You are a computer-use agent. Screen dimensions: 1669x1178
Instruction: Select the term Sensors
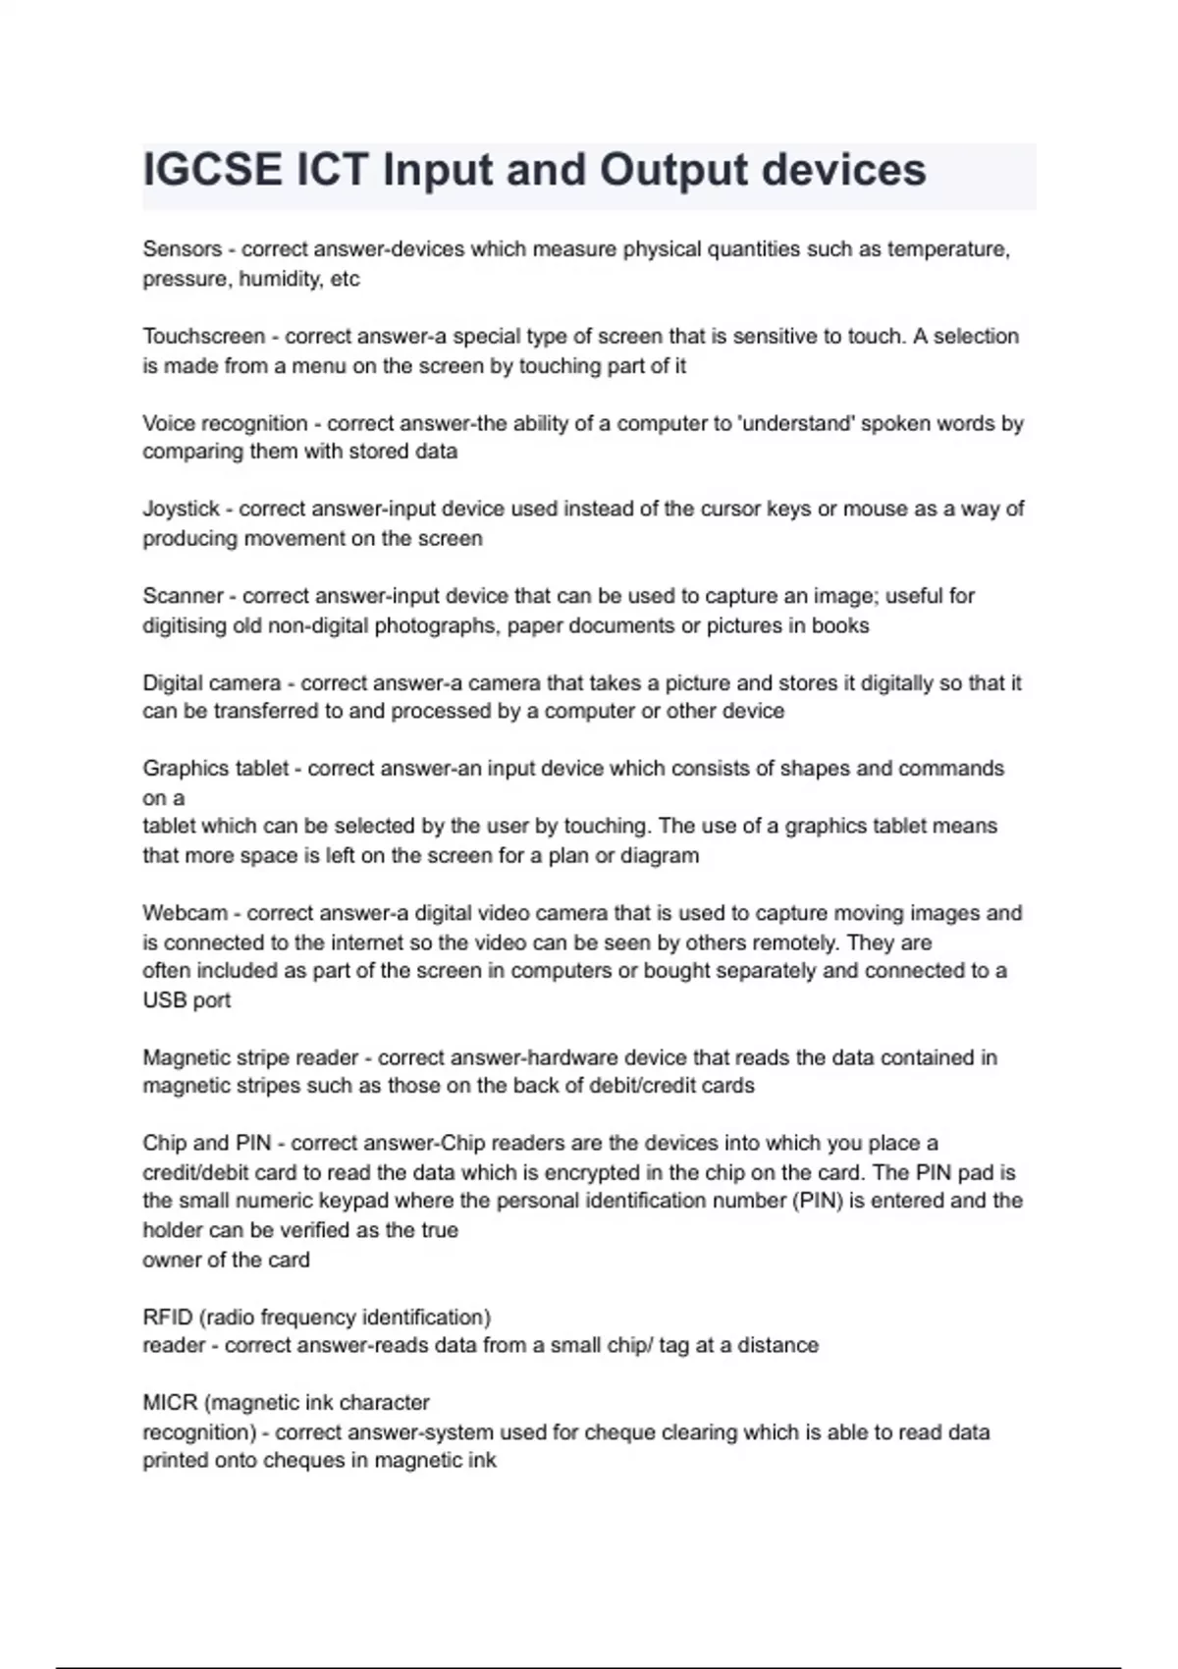(x=182, y=249)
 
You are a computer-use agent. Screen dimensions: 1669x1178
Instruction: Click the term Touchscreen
(x=203, y=337)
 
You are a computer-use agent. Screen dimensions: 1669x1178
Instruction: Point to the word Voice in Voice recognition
(x=170, y=423)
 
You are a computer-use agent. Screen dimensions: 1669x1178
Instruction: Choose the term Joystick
(x=181, y=510)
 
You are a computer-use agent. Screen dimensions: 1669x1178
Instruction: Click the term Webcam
(x=185, y=913)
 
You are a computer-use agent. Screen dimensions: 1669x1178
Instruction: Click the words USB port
(x=187, y=1000)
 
